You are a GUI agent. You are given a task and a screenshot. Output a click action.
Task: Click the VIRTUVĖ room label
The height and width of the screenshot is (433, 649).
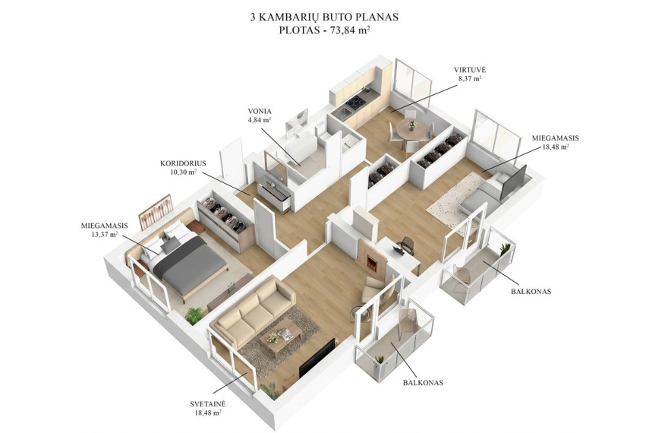tap(467, 70)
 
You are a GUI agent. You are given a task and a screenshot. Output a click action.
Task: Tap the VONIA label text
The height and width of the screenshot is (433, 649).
tap(260, 111)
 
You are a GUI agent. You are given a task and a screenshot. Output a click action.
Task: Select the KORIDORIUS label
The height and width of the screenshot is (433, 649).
tap(183, 163)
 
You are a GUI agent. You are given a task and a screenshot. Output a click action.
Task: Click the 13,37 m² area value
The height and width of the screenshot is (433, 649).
tap(105, 234)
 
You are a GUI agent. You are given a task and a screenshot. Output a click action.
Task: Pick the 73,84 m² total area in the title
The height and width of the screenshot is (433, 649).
tap(349, 30)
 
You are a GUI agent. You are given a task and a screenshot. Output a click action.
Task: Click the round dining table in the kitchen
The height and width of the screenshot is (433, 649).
tap(411, 130)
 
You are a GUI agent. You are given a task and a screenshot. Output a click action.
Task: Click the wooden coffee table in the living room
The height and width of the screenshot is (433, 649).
tap(281, 336)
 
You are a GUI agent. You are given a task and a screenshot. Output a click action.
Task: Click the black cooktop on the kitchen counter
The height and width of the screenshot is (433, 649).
tap(355, 103)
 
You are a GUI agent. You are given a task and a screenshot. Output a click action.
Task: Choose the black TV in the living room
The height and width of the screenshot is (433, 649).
tap(317, 358)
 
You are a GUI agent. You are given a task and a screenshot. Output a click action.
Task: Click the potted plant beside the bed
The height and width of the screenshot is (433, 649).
tap(194, 316)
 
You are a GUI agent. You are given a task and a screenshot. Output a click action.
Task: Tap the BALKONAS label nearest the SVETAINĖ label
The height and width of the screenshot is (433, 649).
tap(423, 382)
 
